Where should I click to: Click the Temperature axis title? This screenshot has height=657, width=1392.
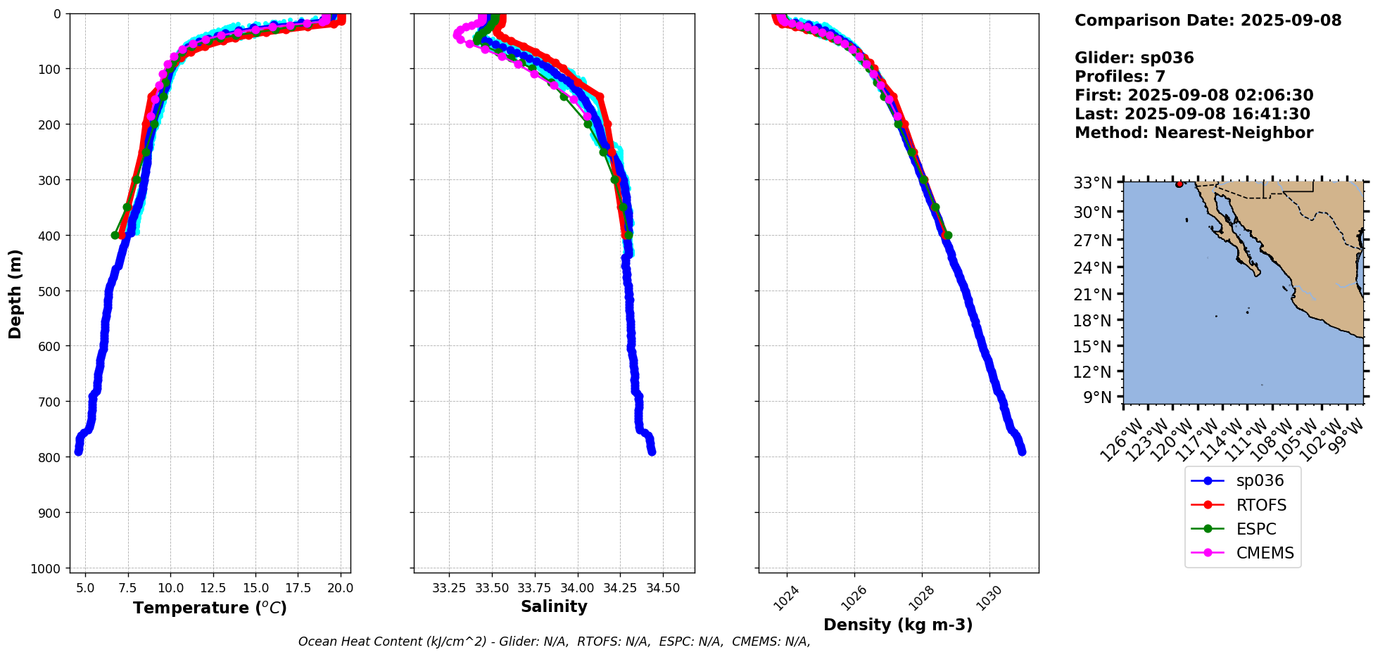tap(210, 608)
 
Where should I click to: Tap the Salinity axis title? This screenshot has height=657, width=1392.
tap(554, 606)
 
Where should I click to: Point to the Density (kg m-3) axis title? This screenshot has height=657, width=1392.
tap(898, 625)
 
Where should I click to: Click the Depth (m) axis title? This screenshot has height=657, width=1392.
tap(15, 293)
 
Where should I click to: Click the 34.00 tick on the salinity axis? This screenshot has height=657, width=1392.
tap(577, 588)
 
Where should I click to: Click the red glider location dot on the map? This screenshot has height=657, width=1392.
tap(1179, 184)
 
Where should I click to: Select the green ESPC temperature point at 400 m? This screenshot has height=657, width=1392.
tap(115, 235)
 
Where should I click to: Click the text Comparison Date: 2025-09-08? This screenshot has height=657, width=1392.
tap(1208, 20)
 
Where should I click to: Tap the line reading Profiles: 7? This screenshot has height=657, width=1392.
tap(1120, 77)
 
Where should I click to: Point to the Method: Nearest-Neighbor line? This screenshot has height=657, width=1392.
tap(1194, 133)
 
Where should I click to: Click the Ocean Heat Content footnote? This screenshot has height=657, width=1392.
tap(554, 642)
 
